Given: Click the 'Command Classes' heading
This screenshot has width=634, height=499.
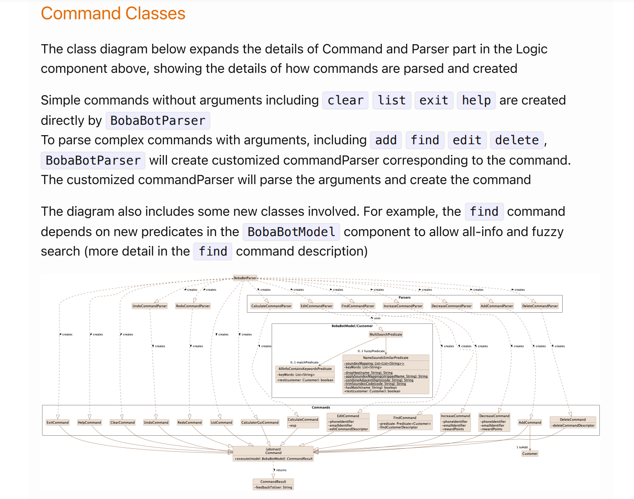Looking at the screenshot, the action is click(113, 13).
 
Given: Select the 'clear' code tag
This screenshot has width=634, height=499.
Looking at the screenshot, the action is click(345, 100).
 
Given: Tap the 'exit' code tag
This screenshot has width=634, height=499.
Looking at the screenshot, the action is click(434, 100).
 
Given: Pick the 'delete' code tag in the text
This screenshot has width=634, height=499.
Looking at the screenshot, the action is click(517, 140).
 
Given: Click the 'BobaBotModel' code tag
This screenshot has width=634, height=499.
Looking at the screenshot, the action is click(291, 232).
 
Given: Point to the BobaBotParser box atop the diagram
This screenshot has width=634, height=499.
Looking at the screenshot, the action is click(245, 278).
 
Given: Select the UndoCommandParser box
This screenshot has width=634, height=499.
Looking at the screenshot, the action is click(150, 306).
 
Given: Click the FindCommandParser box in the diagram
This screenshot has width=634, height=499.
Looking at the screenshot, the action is click(358, 306).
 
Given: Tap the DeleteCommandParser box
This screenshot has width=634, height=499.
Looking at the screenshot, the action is click(540, 306).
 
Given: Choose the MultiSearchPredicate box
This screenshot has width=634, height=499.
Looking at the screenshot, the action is click(386, 334).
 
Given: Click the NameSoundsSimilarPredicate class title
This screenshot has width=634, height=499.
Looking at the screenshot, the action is click(386, 358).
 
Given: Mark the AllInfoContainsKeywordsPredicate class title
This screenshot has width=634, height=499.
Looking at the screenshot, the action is click(305, 369).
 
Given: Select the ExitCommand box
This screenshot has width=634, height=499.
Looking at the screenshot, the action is click(58, 422).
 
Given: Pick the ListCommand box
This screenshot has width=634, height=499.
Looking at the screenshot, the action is click(221, 422).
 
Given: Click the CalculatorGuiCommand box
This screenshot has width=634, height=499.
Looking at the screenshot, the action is click(260, 422).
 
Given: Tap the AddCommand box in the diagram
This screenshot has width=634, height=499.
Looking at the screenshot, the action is click(530, 422).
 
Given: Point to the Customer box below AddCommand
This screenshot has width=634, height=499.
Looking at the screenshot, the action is click(530, 454).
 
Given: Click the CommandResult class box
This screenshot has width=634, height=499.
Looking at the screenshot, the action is click(273, 484).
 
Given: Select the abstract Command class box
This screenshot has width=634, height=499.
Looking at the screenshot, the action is click(273, 454).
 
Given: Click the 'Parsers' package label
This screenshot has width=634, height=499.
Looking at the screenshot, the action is click(404, 298).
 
